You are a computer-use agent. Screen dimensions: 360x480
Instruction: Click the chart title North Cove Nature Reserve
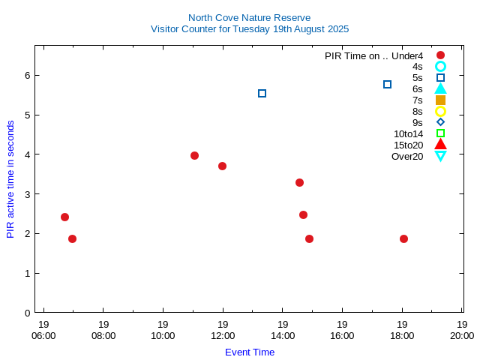249,17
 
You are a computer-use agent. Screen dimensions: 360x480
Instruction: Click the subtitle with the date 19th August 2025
249,29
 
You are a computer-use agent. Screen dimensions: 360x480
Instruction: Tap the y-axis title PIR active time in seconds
10,178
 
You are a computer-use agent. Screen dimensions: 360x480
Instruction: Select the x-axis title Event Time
249,352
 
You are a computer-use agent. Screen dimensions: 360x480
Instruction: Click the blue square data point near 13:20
262,94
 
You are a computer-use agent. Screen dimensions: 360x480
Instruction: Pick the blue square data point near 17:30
387,85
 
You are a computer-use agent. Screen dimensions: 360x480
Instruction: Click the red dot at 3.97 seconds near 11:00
194,156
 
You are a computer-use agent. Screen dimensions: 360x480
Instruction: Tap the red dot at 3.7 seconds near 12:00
222,166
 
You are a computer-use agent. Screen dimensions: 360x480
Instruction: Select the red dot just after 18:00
403,239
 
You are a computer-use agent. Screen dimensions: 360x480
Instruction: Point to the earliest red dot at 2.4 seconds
64,217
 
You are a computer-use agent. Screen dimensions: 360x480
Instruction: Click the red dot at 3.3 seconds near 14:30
299,182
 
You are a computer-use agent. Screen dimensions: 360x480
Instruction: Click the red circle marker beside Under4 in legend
440,55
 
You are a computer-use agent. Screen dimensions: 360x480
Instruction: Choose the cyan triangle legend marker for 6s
440,88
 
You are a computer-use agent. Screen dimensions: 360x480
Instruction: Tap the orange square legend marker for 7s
440,100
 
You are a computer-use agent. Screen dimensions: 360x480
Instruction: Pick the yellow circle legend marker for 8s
440,111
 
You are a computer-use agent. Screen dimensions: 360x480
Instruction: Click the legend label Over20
407,156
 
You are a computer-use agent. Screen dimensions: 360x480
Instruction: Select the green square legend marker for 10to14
440,133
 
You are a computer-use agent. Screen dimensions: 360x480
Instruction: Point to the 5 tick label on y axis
27,115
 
